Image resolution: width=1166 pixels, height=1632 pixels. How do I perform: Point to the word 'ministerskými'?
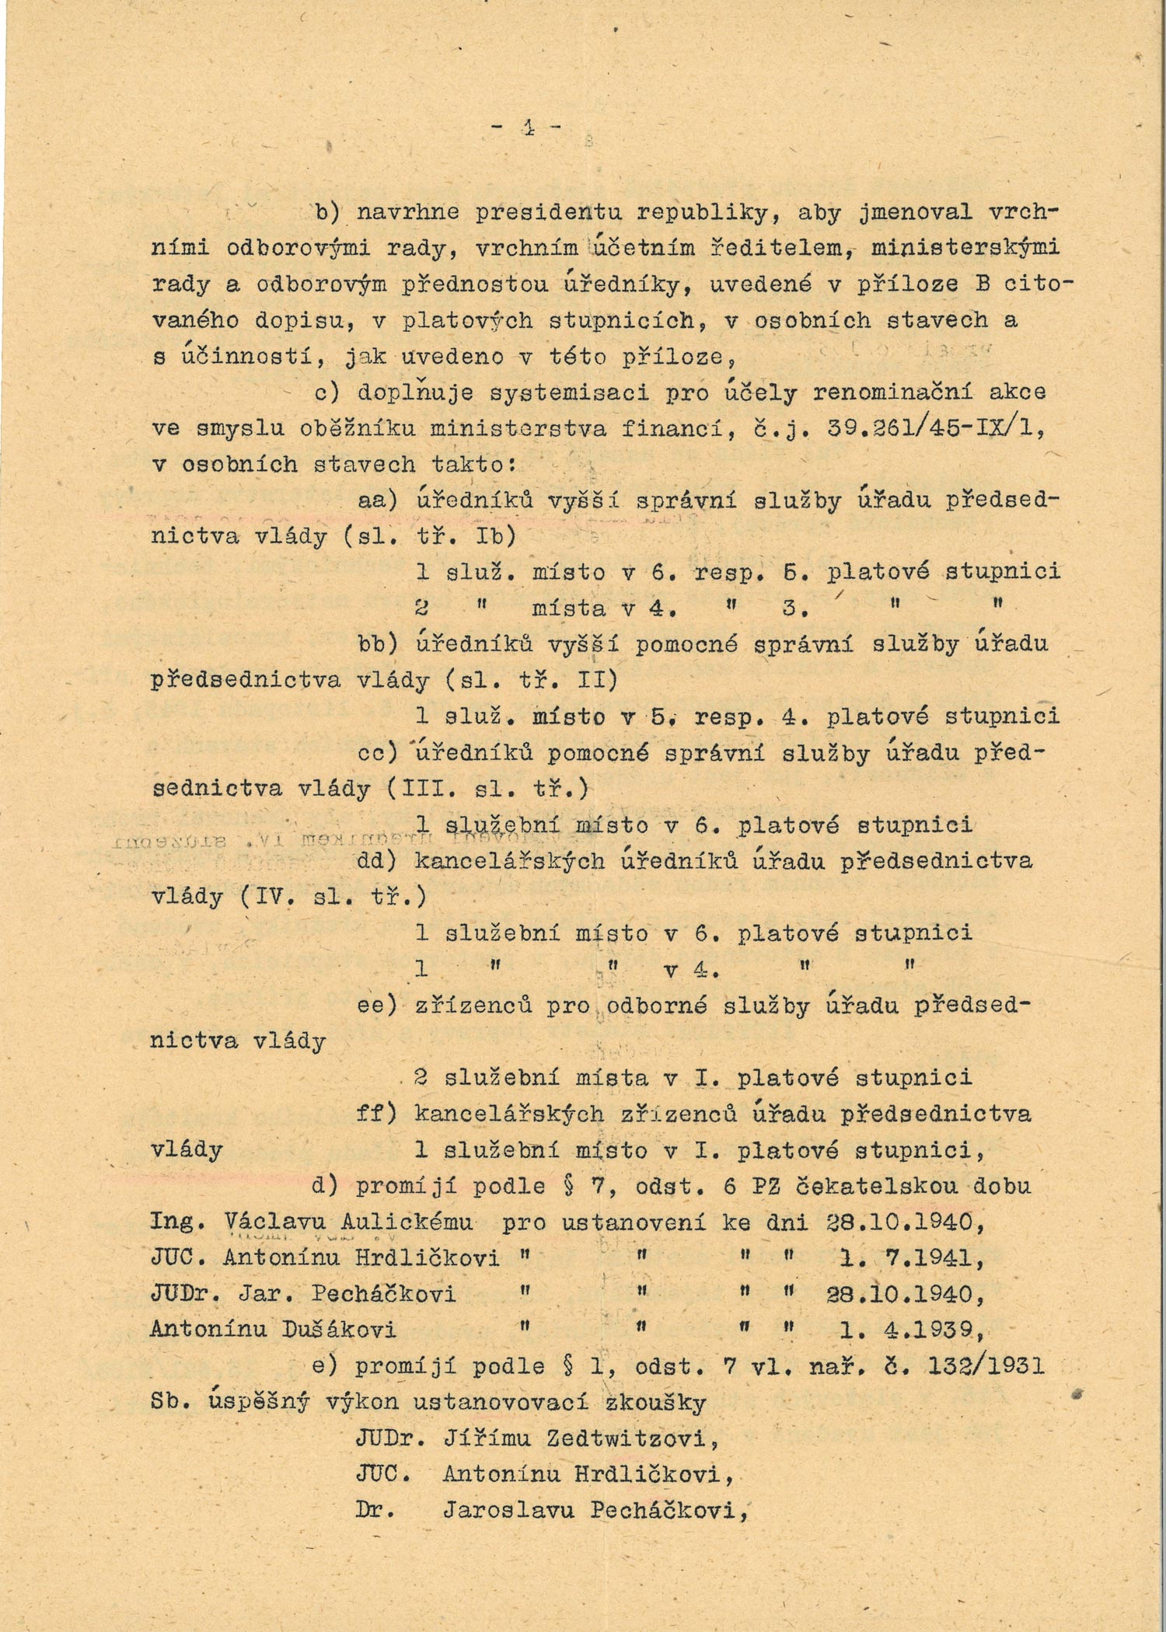tap(966, 248)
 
